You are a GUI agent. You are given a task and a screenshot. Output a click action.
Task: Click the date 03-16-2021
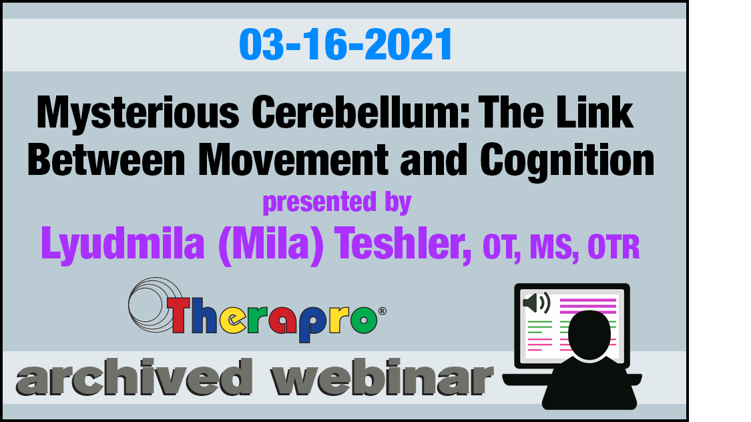click(x=345, y=44)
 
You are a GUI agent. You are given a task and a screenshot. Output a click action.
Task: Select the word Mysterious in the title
click(x=138, y=113)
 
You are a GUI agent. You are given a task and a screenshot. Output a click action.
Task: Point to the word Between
click(x=106, y=160)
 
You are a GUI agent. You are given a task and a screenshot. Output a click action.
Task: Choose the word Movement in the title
click(x=293, y=160)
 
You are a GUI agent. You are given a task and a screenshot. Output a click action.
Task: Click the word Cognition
click(x=567, y=162)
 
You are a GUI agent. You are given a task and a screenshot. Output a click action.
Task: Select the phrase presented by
click(x=336, y=202)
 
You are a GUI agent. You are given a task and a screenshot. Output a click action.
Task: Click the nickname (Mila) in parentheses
click(x=270, y=245)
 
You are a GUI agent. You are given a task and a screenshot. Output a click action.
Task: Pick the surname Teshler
click(x=403, y=243)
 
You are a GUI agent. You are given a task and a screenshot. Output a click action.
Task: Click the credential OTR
click(x=613, y=246)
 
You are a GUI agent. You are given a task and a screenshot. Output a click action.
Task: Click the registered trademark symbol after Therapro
click(x=383, y=311)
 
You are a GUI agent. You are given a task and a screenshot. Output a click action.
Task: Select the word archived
click(x=134, y=377)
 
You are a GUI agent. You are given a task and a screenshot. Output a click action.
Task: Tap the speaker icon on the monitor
click(x=537, y=302)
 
